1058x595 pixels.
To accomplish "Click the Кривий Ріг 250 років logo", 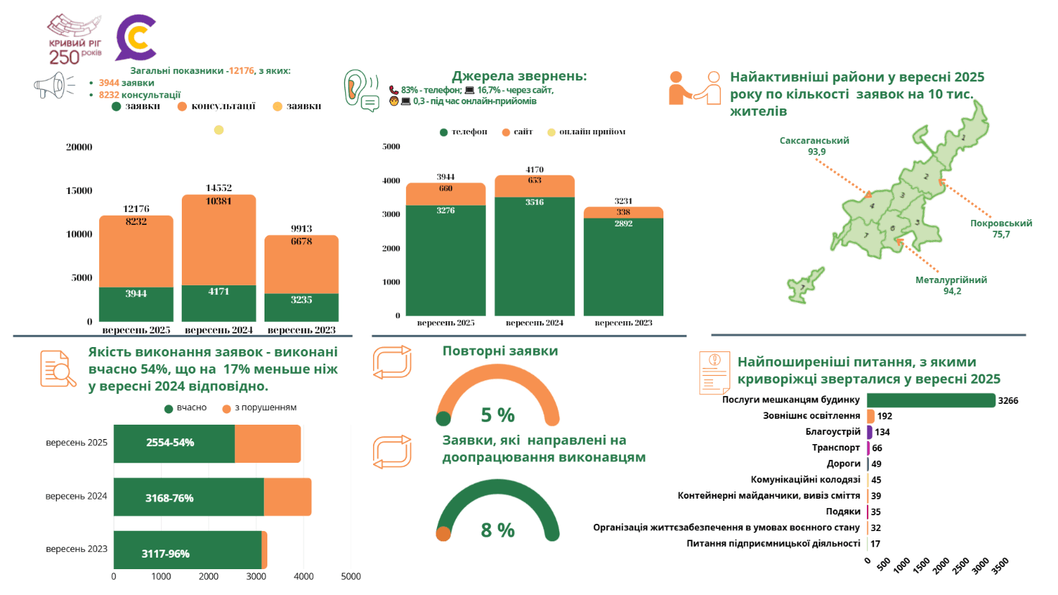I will point(75,40).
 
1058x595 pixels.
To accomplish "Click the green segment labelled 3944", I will point(136,304).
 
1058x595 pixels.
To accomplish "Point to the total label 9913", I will point(301,229).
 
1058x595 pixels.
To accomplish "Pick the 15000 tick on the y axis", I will point(79,190).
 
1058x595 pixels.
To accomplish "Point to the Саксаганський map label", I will point(814,141).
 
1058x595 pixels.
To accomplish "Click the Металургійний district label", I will point(951,280).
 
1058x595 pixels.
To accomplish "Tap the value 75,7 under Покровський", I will point(1000,234).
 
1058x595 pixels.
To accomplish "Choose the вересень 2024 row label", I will point(76,497).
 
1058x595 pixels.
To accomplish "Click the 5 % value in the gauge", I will point(497,415).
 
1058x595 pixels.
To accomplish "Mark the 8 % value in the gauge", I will point(497,530).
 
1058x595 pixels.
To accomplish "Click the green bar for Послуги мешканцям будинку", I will point(931,400).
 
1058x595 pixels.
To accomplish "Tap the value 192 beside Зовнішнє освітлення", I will point(885,416).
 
